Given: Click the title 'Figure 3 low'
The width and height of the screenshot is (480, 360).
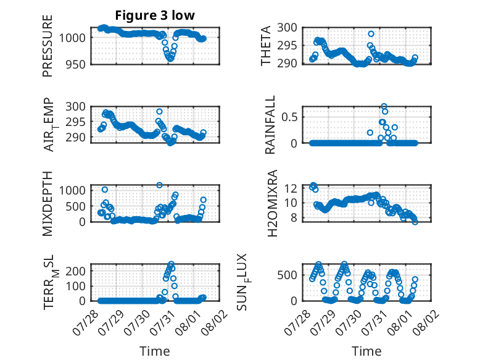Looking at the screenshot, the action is [x=155, y=15].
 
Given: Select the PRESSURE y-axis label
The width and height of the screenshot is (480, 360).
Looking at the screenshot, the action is [x=48, y=46].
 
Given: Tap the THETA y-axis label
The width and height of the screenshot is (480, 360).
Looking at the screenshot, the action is [x=266, y=46].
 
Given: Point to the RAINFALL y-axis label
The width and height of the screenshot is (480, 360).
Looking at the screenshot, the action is [x=270, y=125].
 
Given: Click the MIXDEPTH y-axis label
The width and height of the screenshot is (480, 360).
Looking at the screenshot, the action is [x=48, y=204].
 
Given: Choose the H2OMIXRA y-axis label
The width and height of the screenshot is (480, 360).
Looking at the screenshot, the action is [x=272, y=203].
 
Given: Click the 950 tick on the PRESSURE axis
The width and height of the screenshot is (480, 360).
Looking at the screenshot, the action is [x=76, y=65].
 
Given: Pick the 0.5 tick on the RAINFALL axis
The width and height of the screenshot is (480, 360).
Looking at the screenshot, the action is [x=289, y=117].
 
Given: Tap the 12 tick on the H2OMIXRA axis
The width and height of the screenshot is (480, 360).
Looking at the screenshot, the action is [x=291, y=188].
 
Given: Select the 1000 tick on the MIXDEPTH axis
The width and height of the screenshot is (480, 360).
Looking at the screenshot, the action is [x=72, y=191].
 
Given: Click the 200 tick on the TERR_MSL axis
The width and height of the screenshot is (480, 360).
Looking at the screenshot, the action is [x=76, y=271].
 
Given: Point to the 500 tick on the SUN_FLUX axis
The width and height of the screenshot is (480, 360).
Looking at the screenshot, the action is [x=287, y=275].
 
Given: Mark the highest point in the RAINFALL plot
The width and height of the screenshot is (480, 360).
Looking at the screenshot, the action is [x=384, y=106].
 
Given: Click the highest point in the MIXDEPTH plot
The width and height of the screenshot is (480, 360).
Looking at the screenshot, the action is [x=159, y=185].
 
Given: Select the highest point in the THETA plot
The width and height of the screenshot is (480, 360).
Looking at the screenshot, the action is [x=371, y=34].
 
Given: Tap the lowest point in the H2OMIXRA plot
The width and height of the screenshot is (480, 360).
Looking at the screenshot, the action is [x=415, y=222].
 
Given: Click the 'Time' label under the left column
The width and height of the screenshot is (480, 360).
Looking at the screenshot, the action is [x=155, y=351].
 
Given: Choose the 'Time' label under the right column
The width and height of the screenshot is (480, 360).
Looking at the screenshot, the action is [x=366, y=351].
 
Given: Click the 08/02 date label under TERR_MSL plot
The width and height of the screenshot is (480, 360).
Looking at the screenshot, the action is [x=215, y=322].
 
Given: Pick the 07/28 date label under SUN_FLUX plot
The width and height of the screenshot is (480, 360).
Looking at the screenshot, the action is [x=297, y=322].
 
